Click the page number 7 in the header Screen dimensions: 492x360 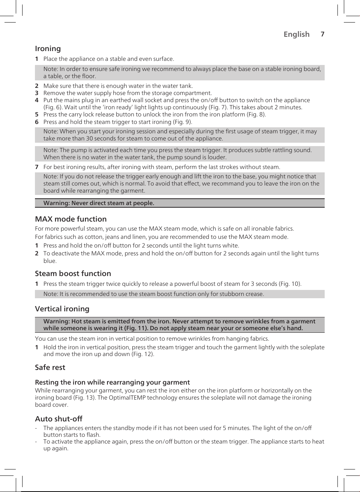tap(322, 34)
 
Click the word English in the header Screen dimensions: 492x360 tap(296, 34)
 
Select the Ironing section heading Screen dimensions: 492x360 tap(48, 48)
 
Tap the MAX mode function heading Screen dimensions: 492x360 tap(71, 219)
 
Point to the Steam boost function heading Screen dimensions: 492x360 tap(73, 273)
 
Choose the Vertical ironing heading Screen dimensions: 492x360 tap(62, 309)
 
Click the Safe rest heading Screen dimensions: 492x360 tap(50, 367)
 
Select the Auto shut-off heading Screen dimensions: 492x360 tap(59, 419)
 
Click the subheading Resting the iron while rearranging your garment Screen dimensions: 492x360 tap(112, 382)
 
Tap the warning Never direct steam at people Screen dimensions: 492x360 tap(99, 203)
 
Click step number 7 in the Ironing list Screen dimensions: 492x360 tap(37, 167)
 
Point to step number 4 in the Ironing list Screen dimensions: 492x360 tap(37, 100)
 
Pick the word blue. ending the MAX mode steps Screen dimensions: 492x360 tap(50, 261)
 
